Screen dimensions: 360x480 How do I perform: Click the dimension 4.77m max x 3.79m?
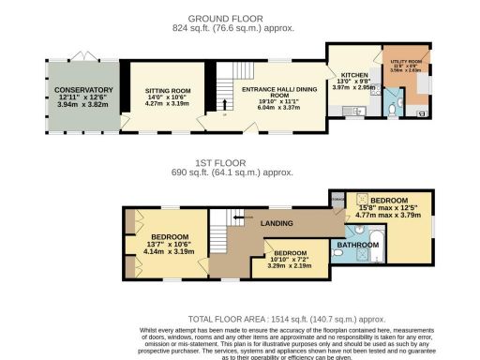point(388,216)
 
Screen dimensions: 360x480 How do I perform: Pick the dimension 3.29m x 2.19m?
point(290,265)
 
